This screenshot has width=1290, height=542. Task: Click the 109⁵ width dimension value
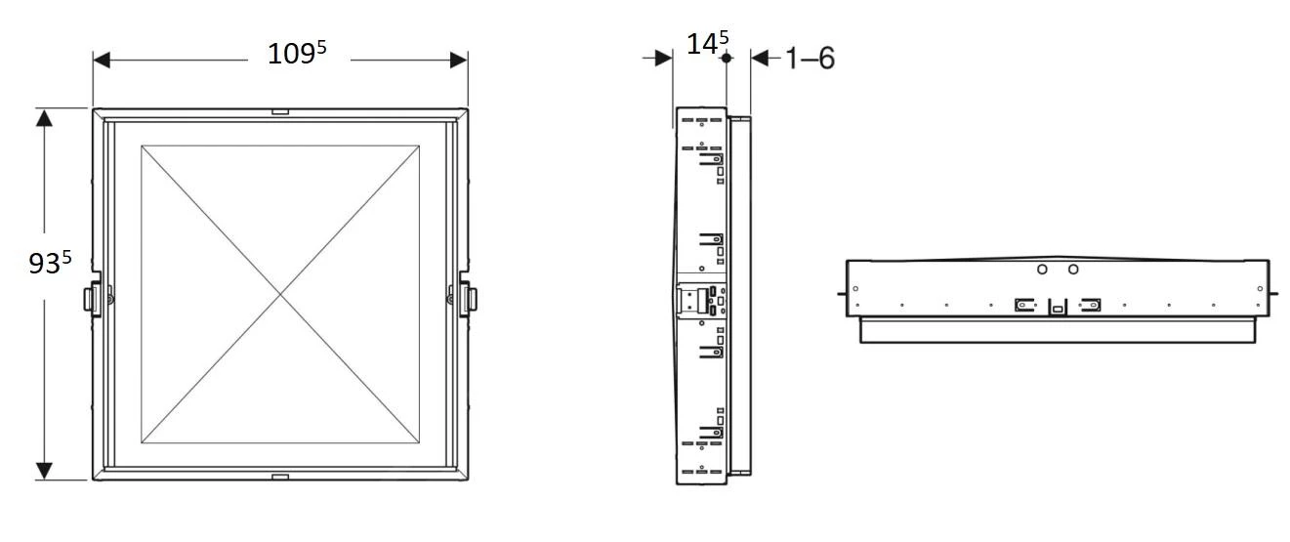[297, 55]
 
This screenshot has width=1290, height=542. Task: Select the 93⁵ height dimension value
[50, 263]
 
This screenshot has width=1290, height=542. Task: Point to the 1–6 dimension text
[810, 59]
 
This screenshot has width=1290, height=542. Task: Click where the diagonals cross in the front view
[281, 293]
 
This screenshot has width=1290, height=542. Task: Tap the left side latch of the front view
[95, 298]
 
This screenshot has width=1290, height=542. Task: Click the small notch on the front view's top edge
[280, 112]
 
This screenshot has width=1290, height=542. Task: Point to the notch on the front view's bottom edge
[280, 477]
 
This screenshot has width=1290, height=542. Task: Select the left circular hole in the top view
[1042, 270]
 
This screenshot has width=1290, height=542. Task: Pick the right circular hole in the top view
[1073, 270]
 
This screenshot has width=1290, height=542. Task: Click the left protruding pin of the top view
[840, 291]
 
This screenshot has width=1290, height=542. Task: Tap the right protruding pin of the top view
[1274, 291]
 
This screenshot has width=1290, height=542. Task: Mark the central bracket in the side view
[702, 300]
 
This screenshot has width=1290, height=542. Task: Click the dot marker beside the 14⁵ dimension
[726, 59]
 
